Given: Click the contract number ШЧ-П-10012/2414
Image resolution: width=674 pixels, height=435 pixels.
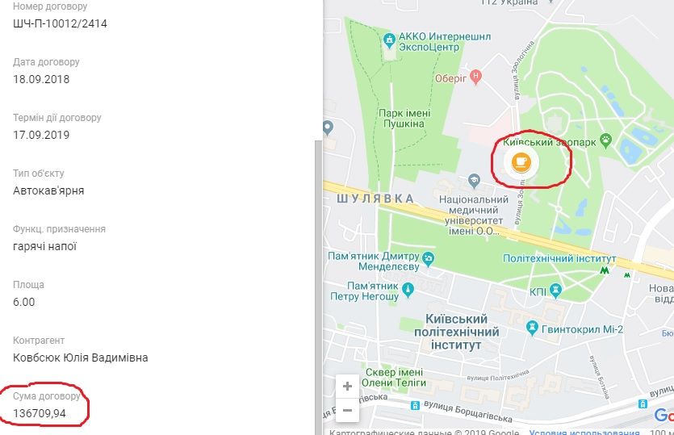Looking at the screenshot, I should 60,23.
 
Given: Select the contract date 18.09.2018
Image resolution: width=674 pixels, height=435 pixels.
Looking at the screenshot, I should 41,79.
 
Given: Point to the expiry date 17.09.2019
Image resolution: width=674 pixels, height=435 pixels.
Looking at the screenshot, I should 41,135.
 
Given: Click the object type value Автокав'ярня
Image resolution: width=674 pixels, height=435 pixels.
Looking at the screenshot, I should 48,190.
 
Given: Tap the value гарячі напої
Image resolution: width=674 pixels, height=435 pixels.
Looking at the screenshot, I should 44,246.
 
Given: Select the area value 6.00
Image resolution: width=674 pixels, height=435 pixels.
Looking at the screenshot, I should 24,302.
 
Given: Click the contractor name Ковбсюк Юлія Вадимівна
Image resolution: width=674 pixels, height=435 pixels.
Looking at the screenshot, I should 81,358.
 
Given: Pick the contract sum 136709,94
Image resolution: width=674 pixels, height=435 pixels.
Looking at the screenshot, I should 40,413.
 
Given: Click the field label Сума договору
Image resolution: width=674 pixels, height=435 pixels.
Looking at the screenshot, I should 47,396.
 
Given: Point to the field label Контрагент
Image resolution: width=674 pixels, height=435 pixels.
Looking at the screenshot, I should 39,341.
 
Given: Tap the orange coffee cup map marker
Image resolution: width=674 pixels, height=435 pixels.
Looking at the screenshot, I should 521,161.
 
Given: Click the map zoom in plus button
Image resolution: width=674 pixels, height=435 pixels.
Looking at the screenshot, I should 347,386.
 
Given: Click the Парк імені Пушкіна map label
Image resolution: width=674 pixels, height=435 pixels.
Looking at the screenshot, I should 401,119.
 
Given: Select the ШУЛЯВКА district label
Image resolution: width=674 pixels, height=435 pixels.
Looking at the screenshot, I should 375,199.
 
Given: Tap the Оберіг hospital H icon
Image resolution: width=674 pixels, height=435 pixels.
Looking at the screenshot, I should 475,77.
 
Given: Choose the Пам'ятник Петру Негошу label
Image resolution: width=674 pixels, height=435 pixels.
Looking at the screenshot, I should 374,291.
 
